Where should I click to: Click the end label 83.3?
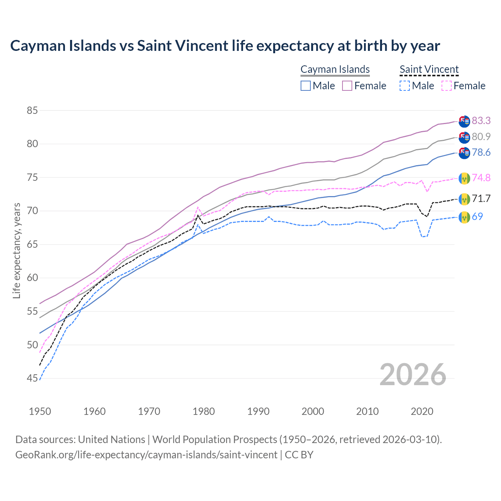click(481, 121)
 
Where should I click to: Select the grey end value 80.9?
click(481, 137)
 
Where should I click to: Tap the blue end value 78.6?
click(481, 152)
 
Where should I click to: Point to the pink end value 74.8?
click(481, 178)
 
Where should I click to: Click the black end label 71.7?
click(481, 198)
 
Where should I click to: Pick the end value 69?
click(477, 216)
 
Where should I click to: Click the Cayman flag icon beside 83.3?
click(464, 121)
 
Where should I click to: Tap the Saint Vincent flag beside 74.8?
click(464, 178)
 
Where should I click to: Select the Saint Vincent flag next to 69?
click(464, 217)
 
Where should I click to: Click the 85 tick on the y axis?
click(32, 110)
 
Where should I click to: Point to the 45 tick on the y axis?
click(32, 378)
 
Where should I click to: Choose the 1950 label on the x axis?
click(40, 411)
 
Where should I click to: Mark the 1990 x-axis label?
click(258, 411)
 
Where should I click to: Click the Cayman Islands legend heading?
click(335, 69)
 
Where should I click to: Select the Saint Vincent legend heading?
click(429, 69)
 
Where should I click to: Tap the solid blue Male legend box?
click(306, 86)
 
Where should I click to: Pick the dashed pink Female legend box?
click(447, 86)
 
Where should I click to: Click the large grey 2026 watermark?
click(413, 375)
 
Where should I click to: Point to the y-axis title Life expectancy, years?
click(17, 250)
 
